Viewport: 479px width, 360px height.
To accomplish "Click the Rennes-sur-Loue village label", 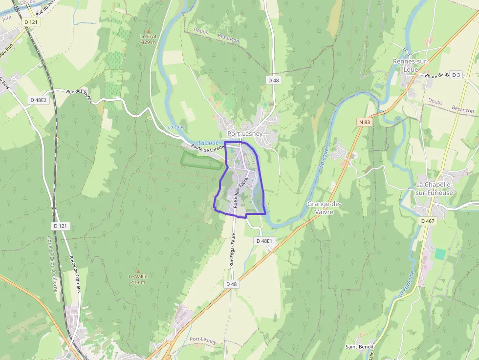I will click(x=409, y=65).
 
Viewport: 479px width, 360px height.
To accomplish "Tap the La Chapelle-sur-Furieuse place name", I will click(x=434, y=188).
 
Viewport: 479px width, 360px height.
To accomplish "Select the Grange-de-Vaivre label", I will click(x=324, y=207).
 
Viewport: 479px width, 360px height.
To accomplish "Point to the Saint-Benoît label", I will click(x=360, y=347).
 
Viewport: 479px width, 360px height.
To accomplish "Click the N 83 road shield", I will click(x=364, y=122).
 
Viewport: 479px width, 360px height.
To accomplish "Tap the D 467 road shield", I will click(x=427, y=221).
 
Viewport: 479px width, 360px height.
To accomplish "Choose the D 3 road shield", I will click(x=456, y=75).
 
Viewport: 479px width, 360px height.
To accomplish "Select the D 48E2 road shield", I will click(x=38, y=100).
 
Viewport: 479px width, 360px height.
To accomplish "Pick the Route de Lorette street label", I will click(x=207, y=147).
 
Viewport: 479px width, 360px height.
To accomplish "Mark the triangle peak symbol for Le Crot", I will click(x=149, y=31).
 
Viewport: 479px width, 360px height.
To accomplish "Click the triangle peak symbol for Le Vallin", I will click(x=138, y=271).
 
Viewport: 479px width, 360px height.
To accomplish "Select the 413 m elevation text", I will click(x=138, y=282).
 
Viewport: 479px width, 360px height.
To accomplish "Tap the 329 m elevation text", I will click(x=148, y=42).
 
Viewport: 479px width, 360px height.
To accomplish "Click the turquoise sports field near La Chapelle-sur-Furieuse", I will click(x=440, y=254).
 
